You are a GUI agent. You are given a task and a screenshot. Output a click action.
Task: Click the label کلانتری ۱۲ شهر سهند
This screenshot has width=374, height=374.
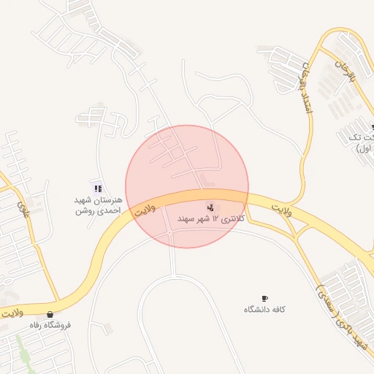pyautogui.click(x=209, y=218)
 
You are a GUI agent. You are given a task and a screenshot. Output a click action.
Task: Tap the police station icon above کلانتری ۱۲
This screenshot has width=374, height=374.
pyautogui.click(x=211, y=207)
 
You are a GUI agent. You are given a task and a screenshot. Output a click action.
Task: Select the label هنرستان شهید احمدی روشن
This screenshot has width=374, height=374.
pyautogui.click(x=97, y=205)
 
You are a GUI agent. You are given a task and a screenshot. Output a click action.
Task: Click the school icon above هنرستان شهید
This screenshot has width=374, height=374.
pyautogui.click(x=98, y=188)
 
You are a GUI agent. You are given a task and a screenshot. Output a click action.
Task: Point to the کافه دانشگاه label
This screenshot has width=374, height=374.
pyautogui.click(x=264, y=309)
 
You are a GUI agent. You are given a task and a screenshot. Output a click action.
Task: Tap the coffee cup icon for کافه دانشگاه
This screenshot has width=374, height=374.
pyautogui.click(x=264, y=298)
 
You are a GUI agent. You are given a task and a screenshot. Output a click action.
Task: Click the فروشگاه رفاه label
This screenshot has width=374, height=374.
pyautogui.click(x=50, y=324)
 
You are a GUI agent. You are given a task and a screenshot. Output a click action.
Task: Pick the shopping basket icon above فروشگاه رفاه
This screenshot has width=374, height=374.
pyautogui.click(x=50, y=314)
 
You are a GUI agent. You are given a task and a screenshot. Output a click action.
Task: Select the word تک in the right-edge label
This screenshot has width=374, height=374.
pyautogui.click(x=357, y=137)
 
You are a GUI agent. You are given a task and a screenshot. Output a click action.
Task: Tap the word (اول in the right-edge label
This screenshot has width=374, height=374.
pyautogui.click(x=365, y=148)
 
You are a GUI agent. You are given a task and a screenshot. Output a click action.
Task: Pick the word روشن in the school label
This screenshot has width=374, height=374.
pyautogui.click(x=85, y=211)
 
